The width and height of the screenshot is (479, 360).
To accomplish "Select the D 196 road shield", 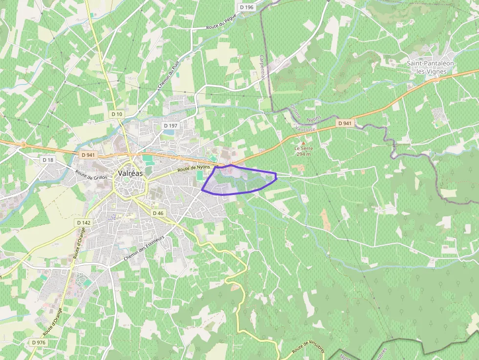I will coord(247,7).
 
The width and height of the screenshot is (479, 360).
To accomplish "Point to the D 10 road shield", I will coord(117,114).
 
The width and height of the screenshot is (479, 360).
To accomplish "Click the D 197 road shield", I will coord(170,126).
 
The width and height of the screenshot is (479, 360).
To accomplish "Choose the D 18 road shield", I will coord(48,160).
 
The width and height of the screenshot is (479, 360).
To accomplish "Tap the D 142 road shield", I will coord(84,222).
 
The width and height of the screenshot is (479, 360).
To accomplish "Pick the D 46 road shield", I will coord(157,213).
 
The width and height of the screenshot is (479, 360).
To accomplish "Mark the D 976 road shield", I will coord(39,342).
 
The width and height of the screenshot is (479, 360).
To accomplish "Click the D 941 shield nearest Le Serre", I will coord(345,123).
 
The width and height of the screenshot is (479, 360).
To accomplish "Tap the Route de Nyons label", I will coord(194,169).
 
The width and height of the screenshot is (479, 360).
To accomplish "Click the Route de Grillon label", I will coord(91,174).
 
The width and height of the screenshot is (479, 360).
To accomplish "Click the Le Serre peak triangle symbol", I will coord(303,142).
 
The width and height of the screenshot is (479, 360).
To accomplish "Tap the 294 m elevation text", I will coord(303,154).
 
